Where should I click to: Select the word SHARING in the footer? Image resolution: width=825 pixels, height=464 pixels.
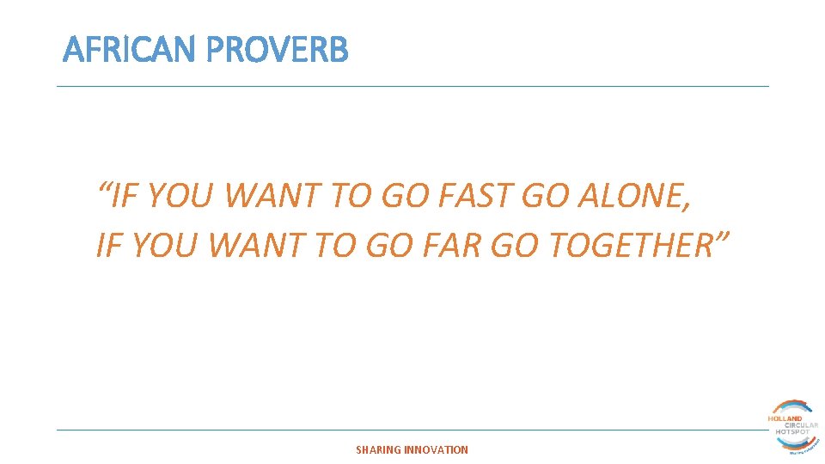point(378,449)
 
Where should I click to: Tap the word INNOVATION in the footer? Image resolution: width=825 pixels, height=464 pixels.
point(437,449)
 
